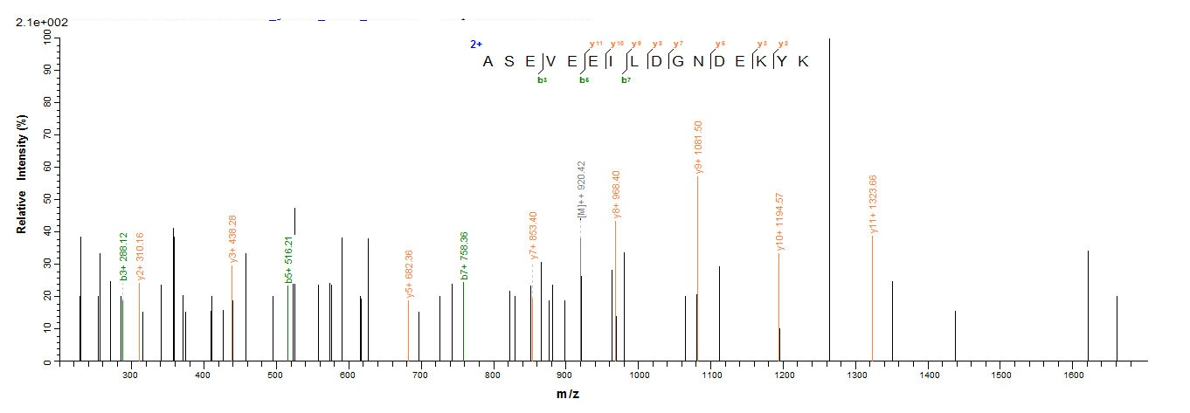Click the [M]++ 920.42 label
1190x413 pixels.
[581, 190]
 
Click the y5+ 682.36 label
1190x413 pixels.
[409, 274]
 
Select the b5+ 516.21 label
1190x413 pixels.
[288, 259]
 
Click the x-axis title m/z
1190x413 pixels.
[568, 394]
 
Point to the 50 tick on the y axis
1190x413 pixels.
[45, 199]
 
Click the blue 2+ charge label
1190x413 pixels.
[476, 44]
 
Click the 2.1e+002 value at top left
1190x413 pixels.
[42, 22]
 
